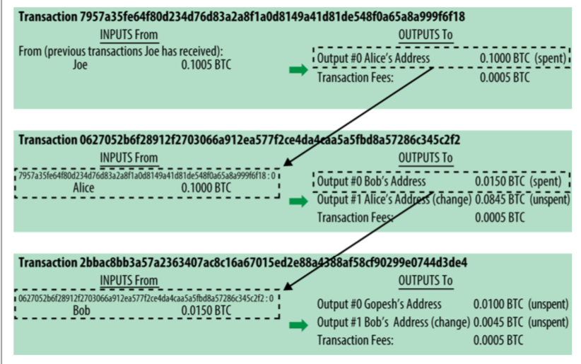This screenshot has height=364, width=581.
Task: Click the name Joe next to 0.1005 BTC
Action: pyautogui.click(x=80, y=65)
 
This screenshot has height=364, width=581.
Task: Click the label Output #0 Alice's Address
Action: pyautogui.click(x=372, y=57)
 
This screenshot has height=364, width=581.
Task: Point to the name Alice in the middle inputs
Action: pyautogui.click(x=83, y=188)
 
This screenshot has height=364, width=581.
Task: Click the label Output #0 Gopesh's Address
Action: pyautogui.click(x=379, y=305)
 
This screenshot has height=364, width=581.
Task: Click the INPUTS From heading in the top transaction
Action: pyautogui.click(x=129, y=35)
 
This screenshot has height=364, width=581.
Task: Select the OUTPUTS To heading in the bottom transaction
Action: pyautogui.click(x=426, y=281)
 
